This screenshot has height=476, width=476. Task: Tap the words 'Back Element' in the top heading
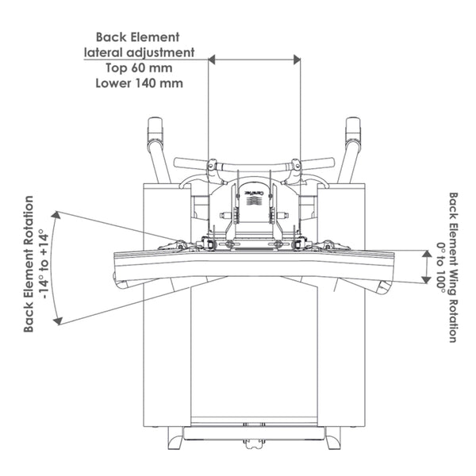pos(138,36)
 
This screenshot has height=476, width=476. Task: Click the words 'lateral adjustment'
pos(140,52)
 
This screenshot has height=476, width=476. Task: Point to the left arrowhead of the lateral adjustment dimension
pos(212,59)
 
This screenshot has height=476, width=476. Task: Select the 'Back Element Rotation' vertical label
pos(29,263)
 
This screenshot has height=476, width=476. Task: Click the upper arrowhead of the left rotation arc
pos(58,214)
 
